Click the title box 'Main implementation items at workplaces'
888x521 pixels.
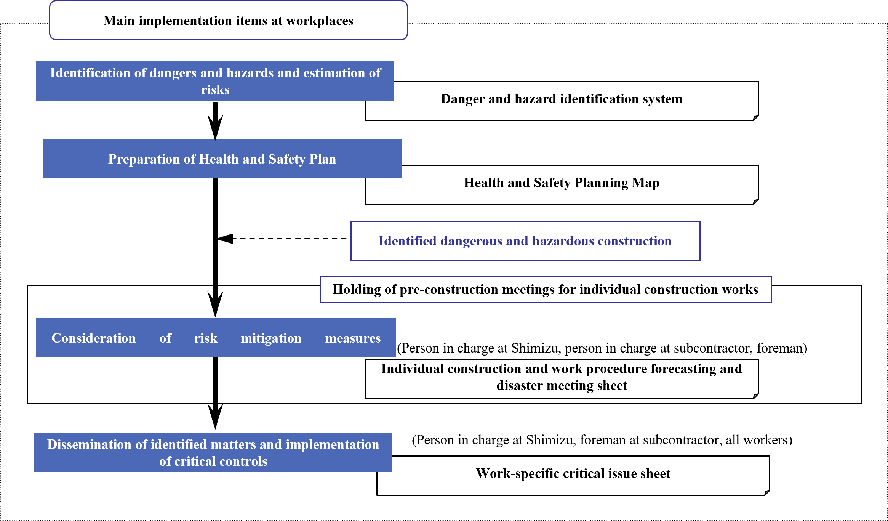[228, 21]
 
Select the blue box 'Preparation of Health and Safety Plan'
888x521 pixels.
[222, 159]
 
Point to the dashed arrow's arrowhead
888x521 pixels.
[226, 239]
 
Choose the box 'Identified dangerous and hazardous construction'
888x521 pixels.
[525, 241]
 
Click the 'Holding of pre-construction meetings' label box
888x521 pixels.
[545, 289]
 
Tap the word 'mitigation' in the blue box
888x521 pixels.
[271, 338]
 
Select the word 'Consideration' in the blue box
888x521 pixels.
[93, 338]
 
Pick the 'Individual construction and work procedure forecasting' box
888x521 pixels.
[562, 377]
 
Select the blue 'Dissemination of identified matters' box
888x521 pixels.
[213, 452]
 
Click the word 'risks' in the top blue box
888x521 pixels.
[215, 90]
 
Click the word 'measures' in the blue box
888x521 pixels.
[353, 338]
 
